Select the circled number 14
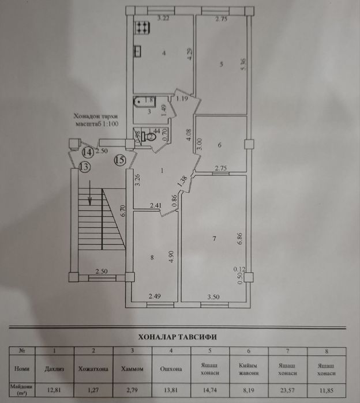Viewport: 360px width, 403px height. pyautogui.click(x=87, y=152)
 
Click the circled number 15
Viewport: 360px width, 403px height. pyautogui.click(x=120, y=160)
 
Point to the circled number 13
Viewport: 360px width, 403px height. pyautogui.click(x=84, y=167)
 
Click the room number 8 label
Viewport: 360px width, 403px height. pyautogui.click(x=152, y=258)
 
